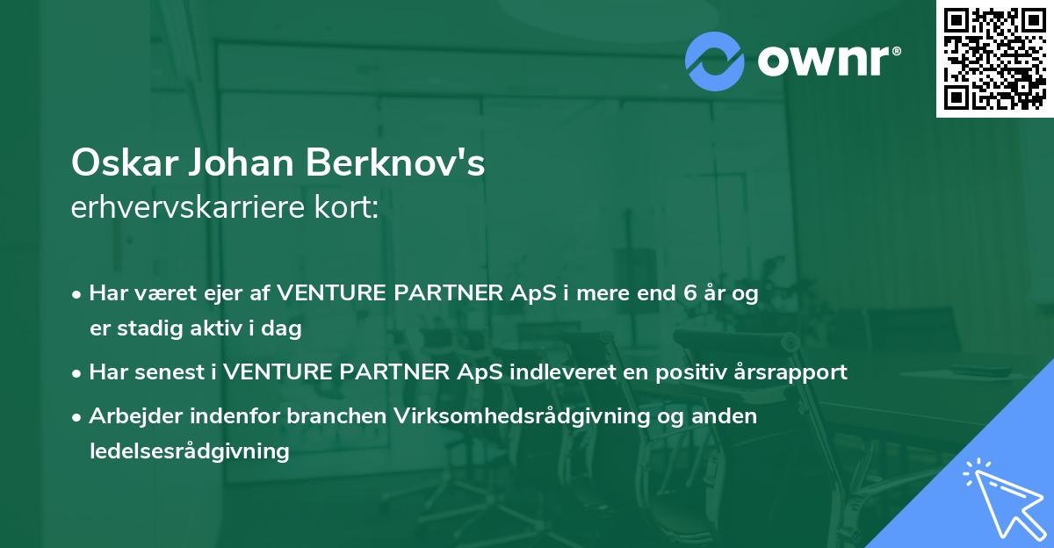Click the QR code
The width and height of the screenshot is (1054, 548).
[994, 59]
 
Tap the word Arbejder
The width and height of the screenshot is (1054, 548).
[127, 416]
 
